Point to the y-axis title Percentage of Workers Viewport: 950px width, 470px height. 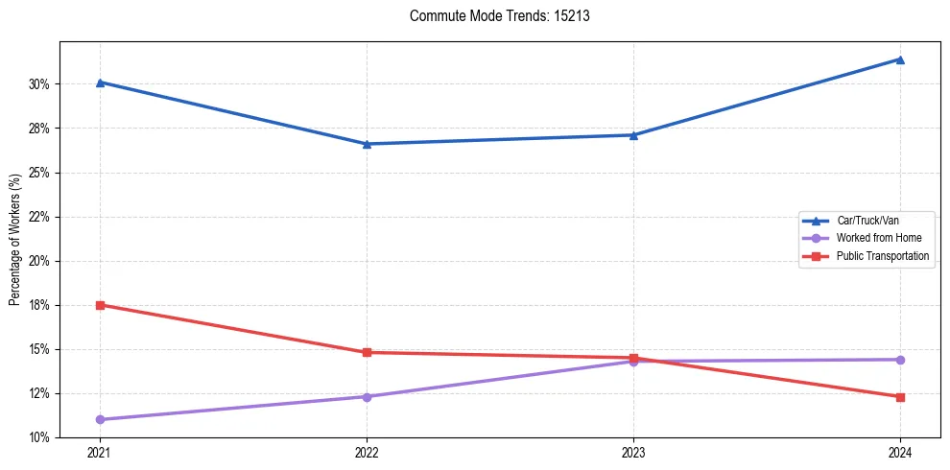tap(14, 240)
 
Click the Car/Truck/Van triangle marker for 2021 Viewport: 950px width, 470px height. tap(100, 82)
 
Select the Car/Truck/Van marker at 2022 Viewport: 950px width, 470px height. tap(367, 144)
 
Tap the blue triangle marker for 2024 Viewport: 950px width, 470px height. tap(900, 59)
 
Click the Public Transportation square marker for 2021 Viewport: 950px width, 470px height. tap(100, 305)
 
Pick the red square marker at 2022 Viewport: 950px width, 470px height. tap(367, 352)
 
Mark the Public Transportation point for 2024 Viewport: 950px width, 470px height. tap(900, 397)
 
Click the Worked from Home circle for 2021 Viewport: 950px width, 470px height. tap(100, 419)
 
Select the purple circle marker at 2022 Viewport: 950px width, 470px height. tap(367, 396)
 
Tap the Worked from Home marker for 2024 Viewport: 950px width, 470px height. tap(900, 360)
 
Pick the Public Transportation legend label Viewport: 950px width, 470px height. tap(882, 256)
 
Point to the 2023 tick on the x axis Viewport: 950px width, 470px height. tap(633, 451)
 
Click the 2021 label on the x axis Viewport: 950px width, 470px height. tap(100, 451)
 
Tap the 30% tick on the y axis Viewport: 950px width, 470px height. tap(40, 84)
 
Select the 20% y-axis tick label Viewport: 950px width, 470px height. tap(40, 261)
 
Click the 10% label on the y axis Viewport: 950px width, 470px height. tap(40, 437)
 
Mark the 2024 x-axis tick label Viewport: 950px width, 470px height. tap(900, 451)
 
